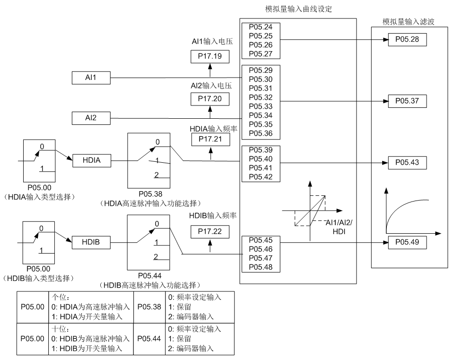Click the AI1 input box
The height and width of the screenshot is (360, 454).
(x=91, y=78)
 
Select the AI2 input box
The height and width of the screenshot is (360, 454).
(x=91, y=118)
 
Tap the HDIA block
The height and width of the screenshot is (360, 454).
(x=91, y=160)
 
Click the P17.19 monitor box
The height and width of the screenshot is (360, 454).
(x=210, y=57)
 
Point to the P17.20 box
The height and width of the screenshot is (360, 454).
(x=210, y=98)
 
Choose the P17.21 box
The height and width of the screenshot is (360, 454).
(x=210, y=139)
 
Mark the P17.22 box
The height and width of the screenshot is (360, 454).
(x=210, y=231)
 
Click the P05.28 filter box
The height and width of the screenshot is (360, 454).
(x=407, y=39)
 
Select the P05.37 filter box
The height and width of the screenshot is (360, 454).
(x=407, y=101)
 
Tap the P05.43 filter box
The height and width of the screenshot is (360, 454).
(x=407, y=162)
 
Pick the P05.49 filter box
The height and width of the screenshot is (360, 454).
(x=407, y=242)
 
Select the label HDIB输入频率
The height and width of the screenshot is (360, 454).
(x=213, y=216)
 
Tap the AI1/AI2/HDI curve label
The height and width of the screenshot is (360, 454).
(x=340, y=227)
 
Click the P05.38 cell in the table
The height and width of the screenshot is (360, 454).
(x=149, y=307)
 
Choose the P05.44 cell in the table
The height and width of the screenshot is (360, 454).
(x=149, y=339)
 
